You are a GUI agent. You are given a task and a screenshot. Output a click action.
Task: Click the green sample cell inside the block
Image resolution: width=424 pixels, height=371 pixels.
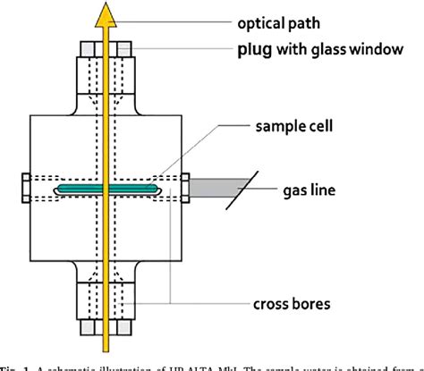(81, 190)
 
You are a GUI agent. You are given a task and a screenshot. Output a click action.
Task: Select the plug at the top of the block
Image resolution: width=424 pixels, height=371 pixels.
(107, 67)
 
